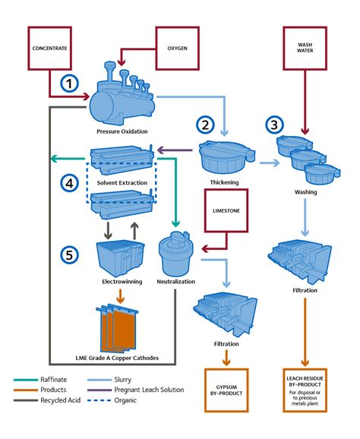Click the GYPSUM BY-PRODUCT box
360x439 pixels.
pos(226,392)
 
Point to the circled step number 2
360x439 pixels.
pos(204,124)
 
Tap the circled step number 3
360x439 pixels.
pos(275,124)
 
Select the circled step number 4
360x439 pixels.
pos(70,183)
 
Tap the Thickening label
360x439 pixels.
pos(226,183)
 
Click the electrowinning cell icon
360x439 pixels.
pos(118,258)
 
